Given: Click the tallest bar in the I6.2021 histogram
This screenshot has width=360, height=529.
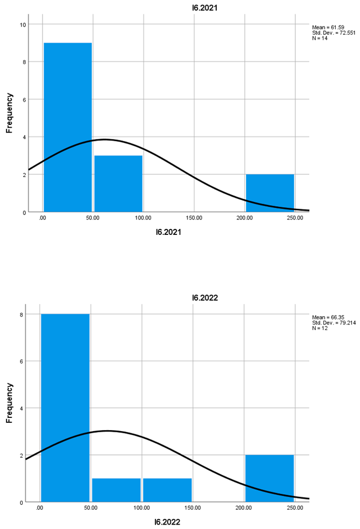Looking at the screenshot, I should (67, 127).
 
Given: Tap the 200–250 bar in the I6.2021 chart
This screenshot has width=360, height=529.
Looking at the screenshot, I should (270, 193).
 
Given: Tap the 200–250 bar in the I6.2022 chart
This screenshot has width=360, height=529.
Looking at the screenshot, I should (270, 478).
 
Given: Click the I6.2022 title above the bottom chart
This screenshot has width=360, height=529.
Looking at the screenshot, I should (205, 297).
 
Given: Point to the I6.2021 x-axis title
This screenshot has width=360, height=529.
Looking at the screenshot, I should (169, 232).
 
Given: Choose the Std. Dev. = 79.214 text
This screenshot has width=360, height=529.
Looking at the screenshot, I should (334, 322).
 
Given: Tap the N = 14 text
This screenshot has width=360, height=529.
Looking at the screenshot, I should (320, 38).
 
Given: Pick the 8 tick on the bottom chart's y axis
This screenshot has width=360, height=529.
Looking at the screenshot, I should (20, 314).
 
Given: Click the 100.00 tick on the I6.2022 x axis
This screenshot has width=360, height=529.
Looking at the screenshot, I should (142, 508).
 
